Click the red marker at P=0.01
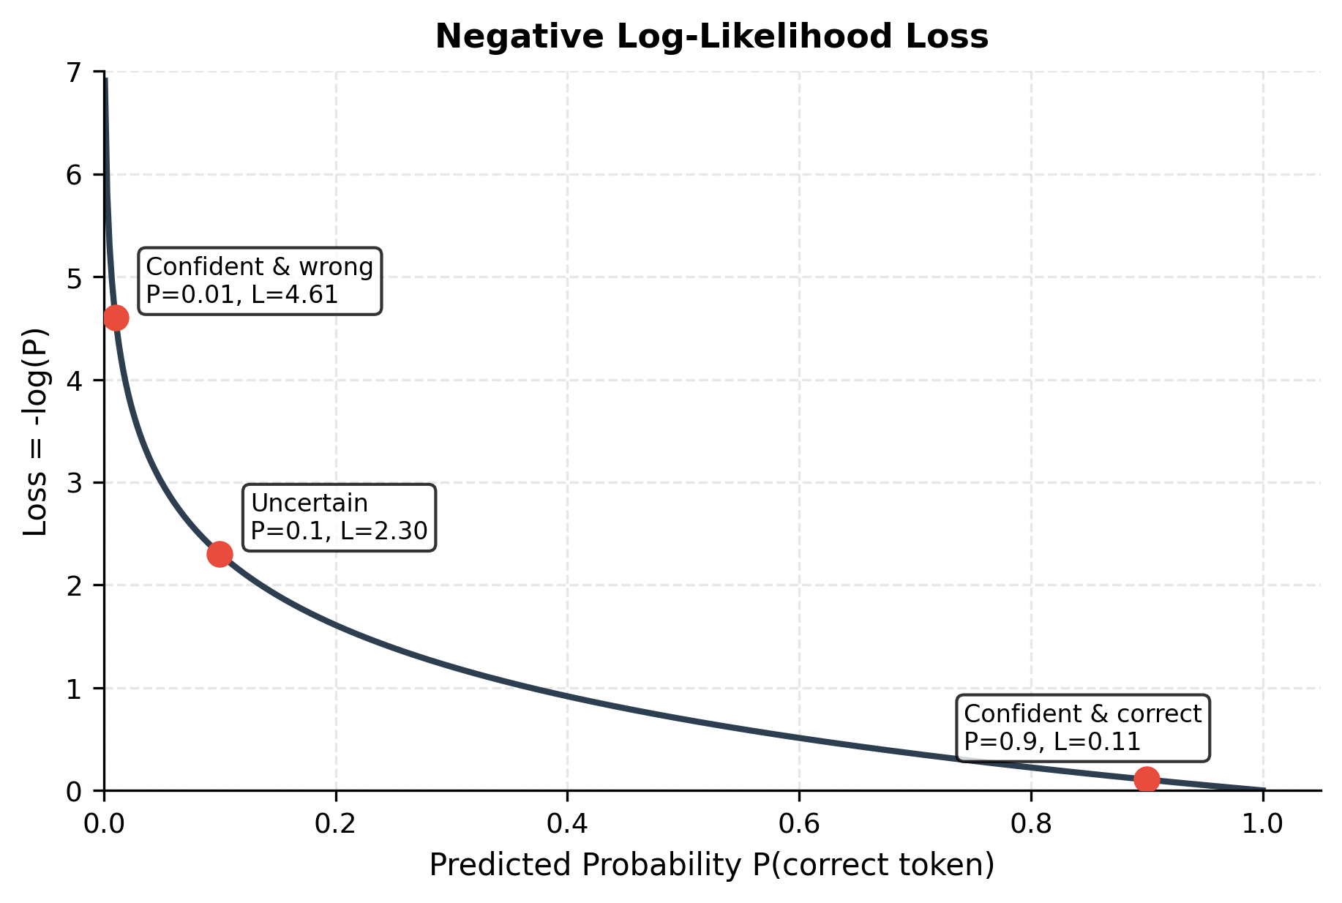tap(116, 318)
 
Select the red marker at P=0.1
tap(220, 554)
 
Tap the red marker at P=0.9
tap(1147, 779)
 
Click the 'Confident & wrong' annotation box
tap(260, 281)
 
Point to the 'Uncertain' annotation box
tap(339, 517)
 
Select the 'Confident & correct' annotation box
tap(1083, 728)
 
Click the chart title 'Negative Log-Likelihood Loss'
tap(711, 37)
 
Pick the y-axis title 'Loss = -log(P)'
tap(35, 432)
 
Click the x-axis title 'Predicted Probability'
tap(711, 865)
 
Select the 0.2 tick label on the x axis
tap(336, 824)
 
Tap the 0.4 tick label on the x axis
tap(567, 824)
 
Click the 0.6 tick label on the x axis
tap(799, 824)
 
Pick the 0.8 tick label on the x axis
tap(1031, 824)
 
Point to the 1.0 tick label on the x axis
tap(1262, 824)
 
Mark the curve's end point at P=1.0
tap(1262, 790)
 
